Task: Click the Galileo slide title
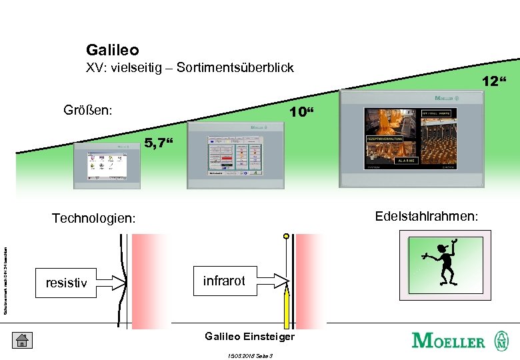pyautogui.click(x=112, y=50)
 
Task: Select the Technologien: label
pyautogui.click(x=94, y=218)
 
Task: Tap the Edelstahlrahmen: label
pyautogui.click(x=426, y=216)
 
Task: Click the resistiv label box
pyautogui.click(x=66, y=283)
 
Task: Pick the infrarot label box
pyautogui.click(x=224, y=281)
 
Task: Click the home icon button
pyautogui.click(x=21, y=340)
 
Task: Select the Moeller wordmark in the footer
pyautogui.click(x=448, y=341)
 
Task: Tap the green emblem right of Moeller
pyautogui.click(x=500, y=340)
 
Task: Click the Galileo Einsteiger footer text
pyautogui.click(x=249, y=337)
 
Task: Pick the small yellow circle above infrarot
pyautogui.click(x=287, y=236)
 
